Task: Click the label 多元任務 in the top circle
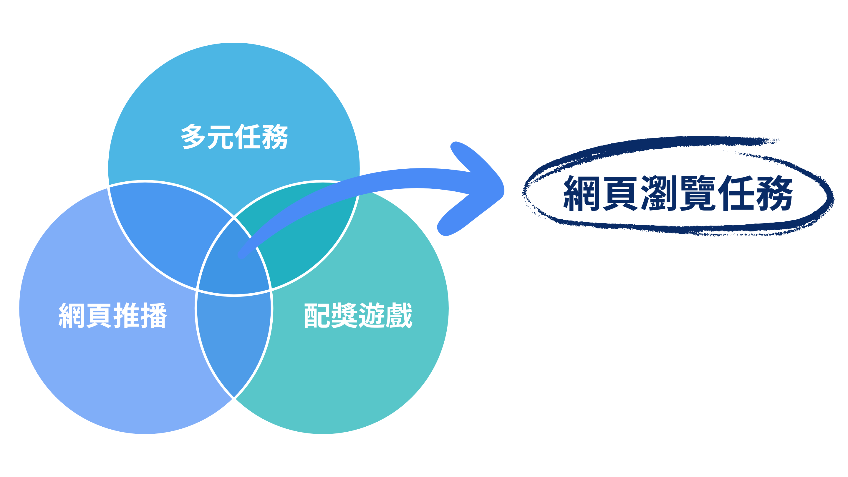(x=234, y=137)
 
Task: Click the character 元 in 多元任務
(x=221, y=137)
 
